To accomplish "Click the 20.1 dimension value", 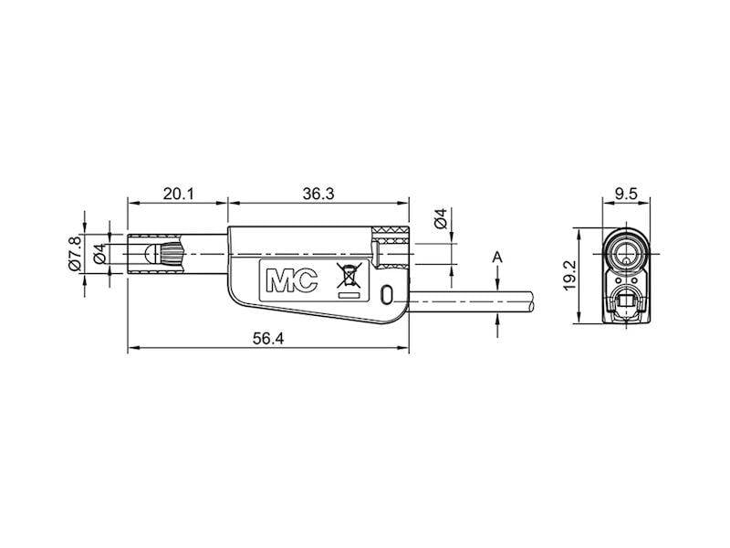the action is [x=178, y=194].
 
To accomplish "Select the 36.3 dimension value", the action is [x=318, y=194].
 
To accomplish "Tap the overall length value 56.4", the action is [x=268, y=339].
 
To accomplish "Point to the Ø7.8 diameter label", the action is [x=75, y=254].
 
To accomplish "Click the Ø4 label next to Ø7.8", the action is [x=99, y=254].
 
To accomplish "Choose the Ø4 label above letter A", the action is [x=441, y=218].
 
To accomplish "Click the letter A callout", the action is [x=497, y=258].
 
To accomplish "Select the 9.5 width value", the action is [x=626, y=194].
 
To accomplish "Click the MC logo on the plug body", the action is [x=291, y=280].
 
